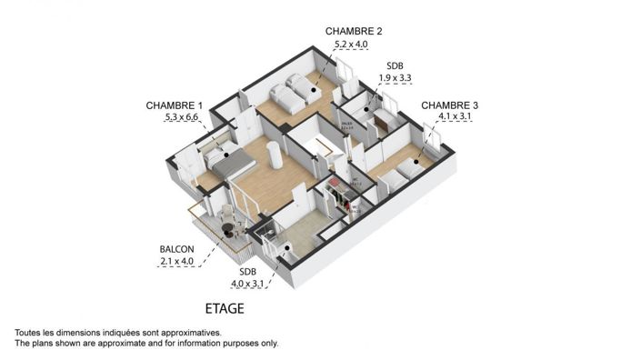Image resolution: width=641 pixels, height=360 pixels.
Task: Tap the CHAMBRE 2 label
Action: point(354,31)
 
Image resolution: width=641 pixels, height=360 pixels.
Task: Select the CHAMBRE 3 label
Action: point(449,105)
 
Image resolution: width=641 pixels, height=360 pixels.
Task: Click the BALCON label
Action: point(176,249)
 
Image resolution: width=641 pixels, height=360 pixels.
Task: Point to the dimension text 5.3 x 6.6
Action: point(181,117)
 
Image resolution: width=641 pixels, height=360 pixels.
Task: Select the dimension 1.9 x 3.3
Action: point(396,78)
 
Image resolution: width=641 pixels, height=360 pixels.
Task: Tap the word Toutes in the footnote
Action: point(30,334)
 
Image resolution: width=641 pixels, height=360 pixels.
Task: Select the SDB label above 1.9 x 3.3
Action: point(396,65)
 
